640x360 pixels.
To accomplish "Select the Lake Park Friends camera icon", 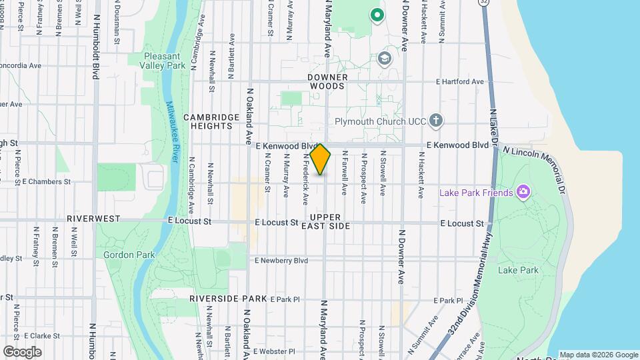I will (x=523, y=193).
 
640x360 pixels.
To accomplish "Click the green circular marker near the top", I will (x=377, y=14).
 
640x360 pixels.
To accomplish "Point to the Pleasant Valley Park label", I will (x=164, y=61).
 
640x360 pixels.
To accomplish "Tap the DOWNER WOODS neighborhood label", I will (x=327, y=81).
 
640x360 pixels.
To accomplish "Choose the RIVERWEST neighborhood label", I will (x=93, y=218).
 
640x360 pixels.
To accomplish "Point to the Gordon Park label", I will (x=129, y=255).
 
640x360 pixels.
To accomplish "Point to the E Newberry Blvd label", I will (x=281, y=261).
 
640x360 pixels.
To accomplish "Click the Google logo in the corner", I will (x=22, y=352).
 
